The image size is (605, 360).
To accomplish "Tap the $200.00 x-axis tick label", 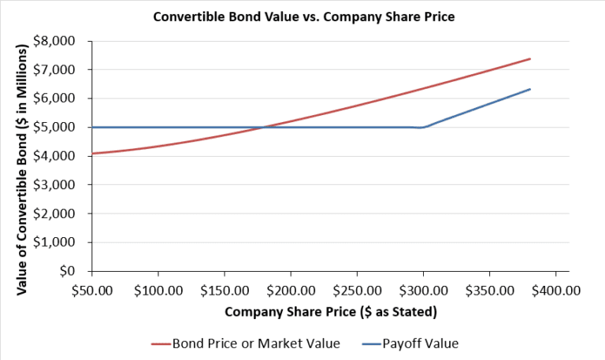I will tap(291, 289).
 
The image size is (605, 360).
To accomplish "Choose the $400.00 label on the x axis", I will tap(555, 289).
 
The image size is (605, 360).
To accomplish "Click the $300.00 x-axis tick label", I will tap(423, 289).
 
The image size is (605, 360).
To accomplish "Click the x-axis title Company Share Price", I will tap(331, 311).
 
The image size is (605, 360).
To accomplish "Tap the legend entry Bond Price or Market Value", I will tap(255, 343).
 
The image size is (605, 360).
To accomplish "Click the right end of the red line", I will tap(530, 58).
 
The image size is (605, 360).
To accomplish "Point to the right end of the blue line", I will tap(530, 89).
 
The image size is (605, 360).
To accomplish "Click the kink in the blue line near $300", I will tap(423, 127).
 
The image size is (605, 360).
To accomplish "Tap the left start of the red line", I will tap(93, 153).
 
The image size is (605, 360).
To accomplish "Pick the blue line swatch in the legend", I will tap(369, 343).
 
